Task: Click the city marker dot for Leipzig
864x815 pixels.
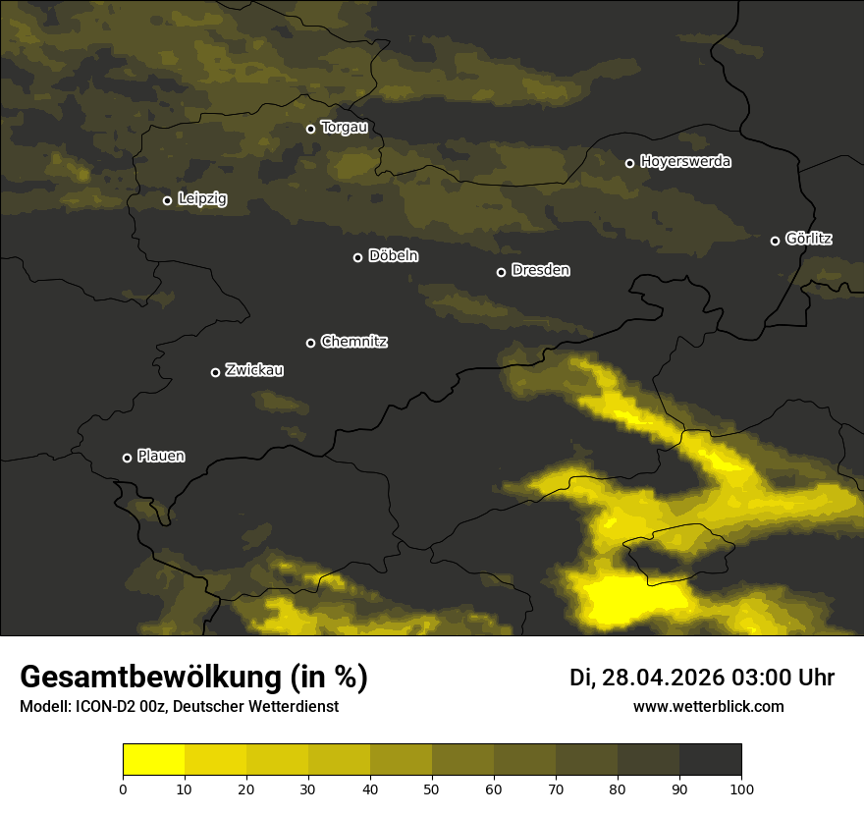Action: click(x=167, y=200)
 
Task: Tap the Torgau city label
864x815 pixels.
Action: click(x=344, y=128)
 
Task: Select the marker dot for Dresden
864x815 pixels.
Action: click(x=501, y=272)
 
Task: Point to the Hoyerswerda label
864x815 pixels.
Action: click(x=685, y=162)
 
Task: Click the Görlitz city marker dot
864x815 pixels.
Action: click(x=775, y=241)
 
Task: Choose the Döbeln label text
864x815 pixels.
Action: click(x=393, y=256)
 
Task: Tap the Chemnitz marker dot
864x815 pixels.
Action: click(x=310, y=343)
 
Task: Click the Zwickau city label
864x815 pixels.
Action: click(x=254, y=370)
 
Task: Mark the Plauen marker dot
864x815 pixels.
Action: click(x=127, y=458)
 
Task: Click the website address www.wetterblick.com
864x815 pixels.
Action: click(x=709, y=706)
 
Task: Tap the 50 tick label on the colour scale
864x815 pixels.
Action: click(x=432, y=788)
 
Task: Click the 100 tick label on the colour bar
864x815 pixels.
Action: click(x=741, y=788)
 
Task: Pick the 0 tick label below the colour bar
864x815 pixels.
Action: click(x=123, y=788)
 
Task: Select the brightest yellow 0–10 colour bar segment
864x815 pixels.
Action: click(x=153, y=760)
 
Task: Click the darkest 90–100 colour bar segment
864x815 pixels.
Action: click(x=710, y=760)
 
